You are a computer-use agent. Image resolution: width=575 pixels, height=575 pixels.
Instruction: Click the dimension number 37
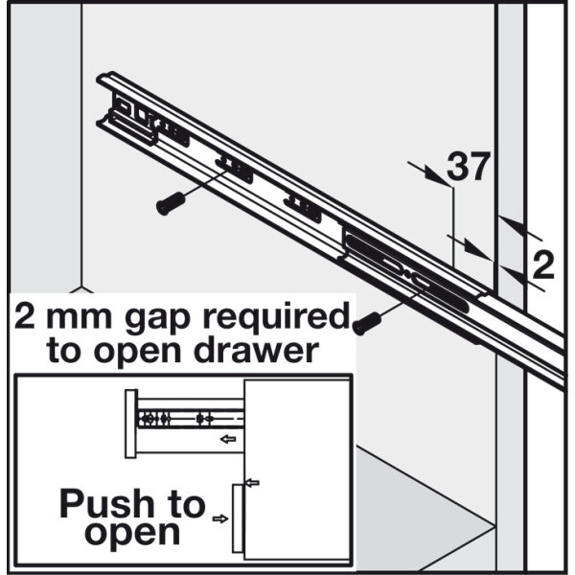click(x=469, y=167)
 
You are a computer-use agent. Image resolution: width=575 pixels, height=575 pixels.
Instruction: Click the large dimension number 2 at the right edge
click(x=543, y=265)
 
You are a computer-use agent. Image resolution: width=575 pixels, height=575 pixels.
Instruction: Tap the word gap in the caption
click(x=158, y=318)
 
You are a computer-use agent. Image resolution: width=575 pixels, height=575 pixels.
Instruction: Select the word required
click(x=277, y=316)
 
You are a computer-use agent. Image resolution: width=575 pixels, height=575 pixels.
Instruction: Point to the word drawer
click(x=256, y=350)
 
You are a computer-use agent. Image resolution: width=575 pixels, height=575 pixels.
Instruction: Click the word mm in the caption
click(x=80, y=318)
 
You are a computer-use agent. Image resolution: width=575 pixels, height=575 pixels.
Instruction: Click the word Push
click(x=106, y=503)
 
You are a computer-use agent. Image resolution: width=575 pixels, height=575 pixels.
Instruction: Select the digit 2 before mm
click(x=25, y=316)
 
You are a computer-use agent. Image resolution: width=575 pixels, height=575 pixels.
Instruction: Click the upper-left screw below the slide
click(x=171, y=203)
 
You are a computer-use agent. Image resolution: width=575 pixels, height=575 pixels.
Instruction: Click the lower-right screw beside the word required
click(x=367, y=323)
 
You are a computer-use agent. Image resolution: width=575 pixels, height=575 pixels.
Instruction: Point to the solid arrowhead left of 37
click(x=436, y=175)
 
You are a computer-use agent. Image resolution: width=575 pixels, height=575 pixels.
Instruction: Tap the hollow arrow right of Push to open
click(x=220, y=518)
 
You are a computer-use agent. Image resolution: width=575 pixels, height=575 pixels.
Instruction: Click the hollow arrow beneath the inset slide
click(x=228, y=439)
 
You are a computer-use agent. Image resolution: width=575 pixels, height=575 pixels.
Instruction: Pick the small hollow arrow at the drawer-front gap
click(x=252, y=483)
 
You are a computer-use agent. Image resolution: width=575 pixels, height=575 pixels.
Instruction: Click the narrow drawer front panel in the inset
click(x=238, y=518)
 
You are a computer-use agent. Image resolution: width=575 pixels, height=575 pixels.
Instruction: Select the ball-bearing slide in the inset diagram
click(x=191, y=419)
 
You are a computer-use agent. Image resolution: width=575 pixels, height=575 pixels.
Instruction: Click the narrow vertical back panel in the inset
click(x=131, y=424)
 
